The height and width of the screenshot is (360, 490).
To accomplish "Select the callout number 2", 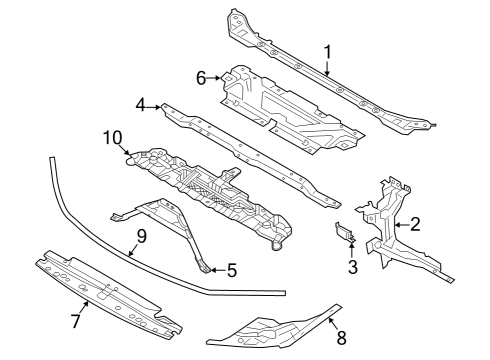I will click(415, 225).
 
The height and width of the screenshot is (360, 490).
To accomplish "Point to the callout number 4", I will click(142, 103).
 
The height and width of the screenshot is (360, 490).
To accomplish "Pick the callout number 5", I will click(232, 269).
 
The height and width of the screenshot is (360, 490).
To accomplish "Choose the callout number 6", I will click(200, 77).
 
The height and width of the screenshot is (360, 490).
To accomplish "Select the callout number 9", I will click(141, 237).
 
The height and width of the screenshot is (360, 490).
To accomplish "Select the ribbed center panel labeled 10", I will click(210, 190).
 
